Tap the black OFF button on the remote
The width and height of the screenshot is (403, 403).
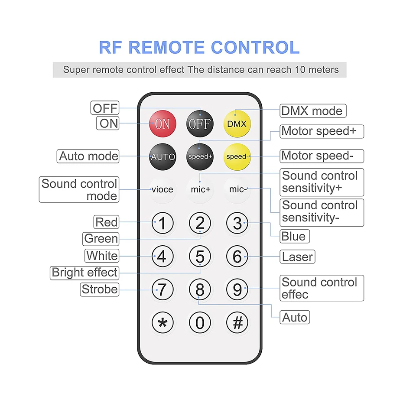pyautogui.click(x=199, y=124)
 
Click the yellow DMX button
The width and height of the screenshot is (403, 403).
pyautogui.click(x=237, y=124)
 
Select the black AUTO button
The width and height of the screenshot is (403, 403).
pyautogui.click(x=162, y=156)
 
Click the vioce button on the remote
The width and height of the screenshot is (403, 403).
pyautogui.click(x=162, y=189)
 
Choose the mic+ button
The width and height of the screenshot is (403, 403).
pyautogui.click(x=200, y=189)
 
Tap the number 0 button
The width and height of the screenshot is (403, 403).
pyautogui.click(x=200, y=323)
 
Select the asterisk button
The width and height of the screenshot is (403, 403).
pyautogui.click(x=162, y=323)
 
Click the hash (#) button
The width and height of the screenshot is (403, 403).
pyautogui.click(x=237, y=323)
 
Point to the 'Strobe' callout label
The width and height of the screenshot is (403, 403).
pyautogui.click(x=100, y=289)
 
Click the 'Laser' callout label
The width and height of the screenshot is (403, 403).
pyautogui.click(x=297, y=257)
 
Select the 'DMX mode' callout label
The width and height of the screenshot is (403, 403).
pyautogui.click(x=312, y=111)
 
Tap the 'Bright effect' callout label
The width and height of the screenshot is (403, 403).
pyautogui.click(x=84, y=273)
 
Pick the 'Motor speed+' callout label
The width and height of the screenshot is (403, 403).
pyautogui.click(x=319, y=131)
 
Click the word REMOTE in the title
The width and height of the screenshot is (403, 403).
pyautogui.click(x=179, y=48)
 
